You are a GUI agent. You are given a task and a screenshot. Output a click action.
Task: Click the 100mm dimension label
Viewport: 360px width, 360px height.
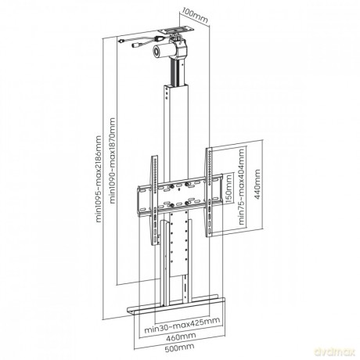195,15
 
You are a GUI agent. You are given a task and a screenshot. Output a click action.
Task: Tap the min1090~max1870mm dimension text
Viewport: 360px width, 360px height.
112,160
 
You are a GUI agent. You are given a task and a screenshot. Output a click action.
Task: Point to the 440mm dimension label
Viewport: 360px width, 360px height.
257,184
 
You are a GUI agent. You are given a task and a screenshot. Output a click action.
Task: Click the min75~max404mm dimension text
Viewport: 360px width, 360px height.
242,186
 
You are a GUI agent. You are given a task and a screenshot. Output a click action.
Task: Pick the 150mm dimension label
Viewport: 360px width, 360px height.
229,189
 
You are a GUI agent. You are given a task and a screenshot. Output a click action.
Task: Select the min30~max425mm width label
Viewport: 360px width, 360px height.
182,324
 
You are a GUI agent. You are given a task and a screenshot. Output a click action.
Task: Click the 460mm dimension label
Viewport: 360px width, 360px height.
181,337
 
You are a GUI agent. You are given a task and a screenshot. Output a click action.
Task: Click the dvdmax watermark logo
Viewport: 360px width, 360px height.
335,351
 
